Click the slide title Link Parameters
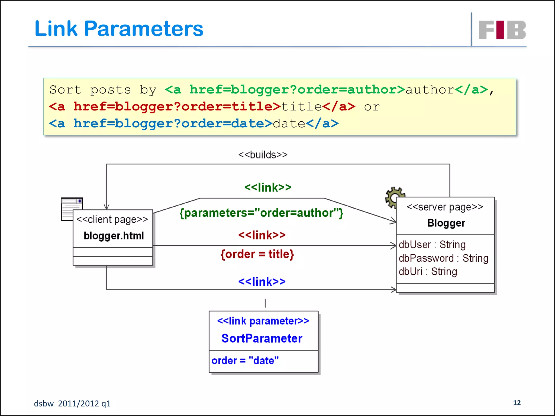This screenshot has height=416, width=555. pos(119,29)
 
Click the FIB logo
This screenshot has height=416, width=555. pos(502,30)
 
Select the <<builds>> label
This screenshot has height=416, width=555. pos(263,155)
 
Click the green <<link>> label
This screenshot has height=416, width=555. pos(268,187)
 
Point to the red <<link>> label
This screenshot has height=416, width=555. pos(262,235)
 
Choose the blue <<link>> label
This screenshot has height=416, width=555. pos(262,282)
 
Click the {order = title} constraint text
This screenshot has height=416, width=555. pos(257,254)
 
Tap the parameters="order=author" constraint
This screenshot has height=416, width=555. pos(262,213)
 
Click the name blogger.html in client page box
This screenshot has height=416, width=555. pos(114,236)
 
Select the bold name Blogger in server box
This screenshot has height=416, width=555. pos(446,223)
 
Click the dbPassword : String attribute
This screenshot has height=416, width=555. pos(443,258)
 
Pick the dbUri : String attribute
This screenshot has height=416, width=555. pos(428,271)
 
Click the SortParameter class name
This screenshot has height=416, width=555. pos(262,338)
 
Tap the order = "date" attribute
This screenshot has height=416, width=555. pos(245,360)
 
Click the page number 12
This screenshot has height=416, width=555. pos(517,403)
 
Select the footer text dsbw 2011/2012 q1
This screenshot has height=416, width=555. pos(72,404)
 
